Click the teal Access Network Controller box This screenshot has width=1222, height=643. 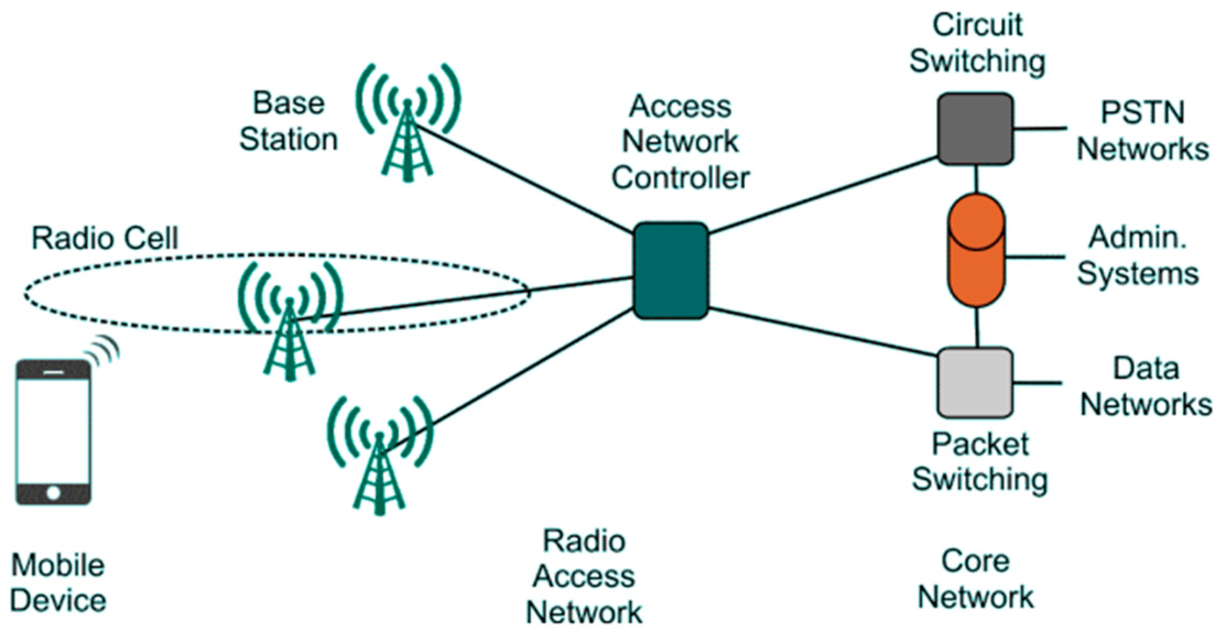670,270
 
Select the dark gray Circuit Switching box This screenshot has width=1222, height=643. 975,129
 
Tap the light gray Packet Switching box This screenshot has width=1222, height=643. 975,383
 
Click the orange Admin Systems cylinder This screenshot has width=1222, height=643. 976,250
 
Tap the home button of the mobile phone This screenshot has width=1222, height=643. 53,492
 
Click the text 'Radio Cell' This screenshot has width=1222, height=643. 105,238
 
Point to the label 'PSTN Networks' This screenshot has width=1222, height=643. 1142,131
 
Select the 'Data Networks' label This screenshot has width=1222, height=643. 1145,386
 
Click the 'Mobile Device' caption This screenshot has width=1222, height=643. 58,583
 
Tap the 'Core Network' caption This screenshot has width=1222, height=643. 975,579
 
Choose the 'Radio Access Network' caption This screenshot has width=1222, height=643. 584,576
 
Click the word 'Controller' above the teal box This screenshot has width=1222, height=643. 681,178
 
